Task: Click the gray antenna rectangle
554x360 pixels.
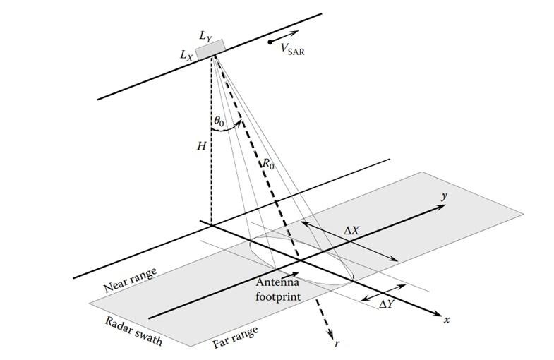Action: click(210, 50)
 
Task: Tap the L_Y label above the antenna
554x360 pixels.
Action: click(205, 36)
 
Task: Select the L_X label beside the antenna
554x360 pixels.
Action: click(186, 56)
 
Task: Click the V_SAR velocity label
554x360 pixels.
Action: click(293, 49)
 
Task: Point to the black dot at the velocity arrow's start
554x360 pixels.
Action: click(270, 42)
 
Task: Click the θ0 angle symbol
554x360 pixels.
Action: click(219, 121)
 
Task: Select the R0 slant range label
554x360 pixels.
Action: click(267, 164)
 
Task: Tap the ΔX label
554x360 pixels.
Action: click(351, 231)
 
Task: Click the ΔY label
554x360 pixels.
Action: click(386, 304)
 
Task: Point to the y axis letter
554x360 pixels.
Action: click(444, 197)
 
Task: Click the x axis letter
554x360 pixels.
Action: click(447, 320)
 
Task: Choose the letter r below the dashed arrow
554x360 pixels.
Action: click(337, 342)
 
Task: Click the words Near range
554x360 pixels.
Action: click(130, 280)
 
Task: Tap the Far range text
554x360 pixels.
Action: click(235, 337)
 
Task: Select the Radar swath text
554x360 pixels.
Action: click(133, 330)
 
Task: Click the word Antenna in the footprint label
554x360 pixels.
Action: click(277, 282)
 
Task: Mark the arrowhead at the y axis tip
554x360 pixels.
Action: click(442, 206)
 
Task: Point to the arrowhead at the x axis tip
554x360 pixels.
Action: click(438, 313)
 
